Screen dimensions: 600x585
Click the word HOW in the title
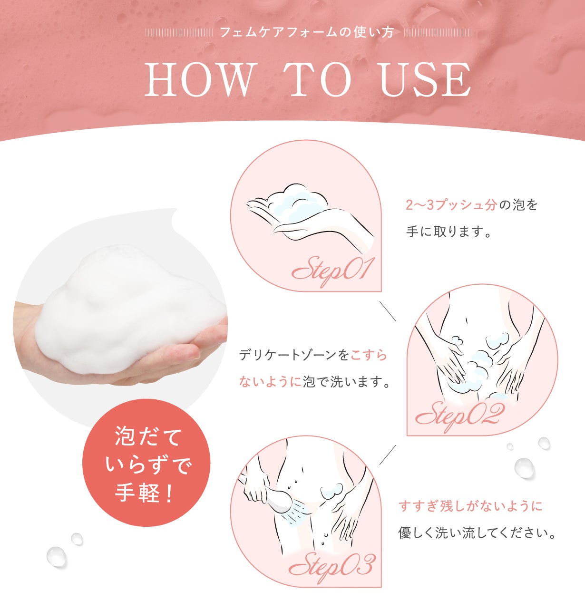[200, 80]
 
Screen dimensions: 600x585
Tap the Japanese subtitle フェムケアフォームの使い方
[307, 33]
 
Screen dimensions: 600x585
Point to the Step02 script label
[459, 415]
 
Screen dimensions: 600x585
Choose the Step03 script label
[331, 566]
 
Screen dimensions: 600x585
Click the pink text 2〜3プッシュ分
[451, 205]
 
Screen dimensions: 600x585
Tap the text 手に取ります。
[448, 232]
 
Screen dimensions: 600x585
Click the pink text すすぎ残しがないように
[470, 506]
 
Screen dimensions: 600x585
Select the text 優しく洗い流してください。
[477, 533]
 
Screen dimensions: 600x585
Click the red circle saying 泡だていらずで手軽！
[146, 463]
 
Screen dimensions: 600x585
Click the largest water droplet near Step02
[524, 467]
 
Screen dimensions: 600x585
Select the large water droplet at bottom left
[56, 556]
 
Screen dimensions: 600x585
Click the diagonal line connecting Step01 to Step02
[387, 310]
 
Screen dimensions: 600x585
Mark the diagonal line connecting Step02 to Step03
[387, 455]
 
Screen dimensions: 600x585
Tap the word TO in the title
[320, 80]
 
